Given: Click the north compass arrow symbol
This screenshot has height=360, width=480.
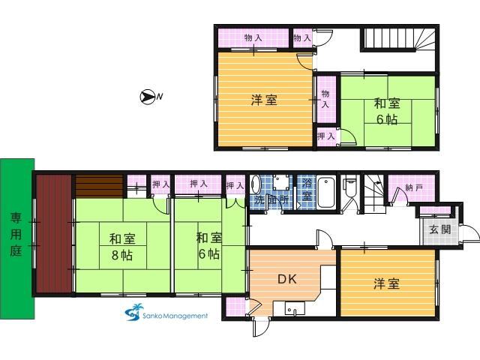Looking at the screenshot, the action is (147, 97).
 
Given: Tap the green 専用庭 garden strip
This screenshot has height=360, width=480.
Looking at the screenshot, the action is (17, 238).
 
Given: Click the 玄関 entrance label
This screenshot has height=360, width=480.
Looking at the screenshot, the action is (440, 229).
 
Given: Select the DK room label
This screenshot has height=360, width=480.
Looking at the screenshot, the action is (286, 279).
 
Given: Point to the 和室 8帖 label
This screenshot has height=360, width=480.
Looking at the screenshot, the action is (122, 247).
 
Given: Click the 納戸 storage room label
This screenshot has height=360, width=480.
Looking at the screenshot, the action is (414, 187).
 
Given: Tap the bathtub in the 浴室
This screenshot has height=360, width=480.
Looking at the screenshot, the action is (326, 193).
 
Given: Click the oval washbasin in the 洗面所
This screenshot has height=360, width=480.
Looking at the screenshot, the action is (256, 184).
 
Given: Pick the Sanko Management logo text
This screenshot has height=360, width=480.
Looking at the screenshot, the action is (175, 316).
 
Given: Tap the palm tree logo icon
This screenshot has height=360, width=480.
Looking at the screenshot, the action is (134, 312).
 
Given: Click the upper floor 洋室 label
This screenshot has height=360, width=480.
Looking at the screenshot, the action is (264, 100).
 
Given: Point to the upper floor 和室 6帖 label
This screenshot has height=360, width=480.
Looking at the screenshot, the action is (387, 112).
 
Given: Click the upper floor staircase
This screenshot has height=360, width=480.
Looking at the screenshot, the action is (398, 39).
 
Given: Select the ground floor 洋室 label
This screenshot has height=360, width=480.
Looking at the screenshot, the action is (387, 283).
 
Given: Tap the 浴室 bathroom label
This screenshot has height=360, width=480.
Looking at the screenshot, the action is (307, 190).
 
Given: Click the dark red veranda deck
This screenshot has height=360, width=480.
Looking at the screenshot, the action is (54, 233).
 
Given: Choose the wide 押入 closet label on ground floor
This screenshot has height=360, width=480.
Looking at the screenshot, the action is (198, 184).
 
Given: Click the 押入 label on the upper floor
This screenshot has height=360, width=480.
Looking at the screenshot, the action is (326, 136).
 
